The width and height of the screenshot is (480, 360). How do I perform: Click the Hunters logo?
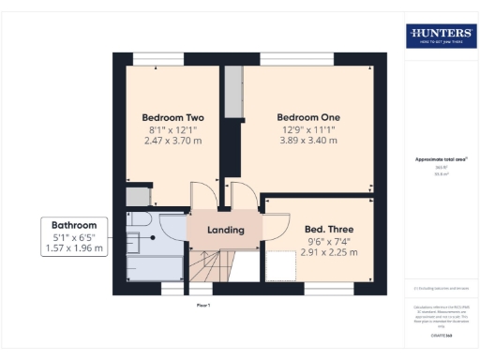pyautogui.click(x=441, y=37)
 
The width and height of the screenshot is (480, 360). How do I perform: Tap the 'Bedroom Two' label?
pyautogui.click(x=174, y=118)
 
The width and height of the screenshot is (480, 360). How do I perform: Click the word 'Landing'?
pyautogui.click(x=225, y=230)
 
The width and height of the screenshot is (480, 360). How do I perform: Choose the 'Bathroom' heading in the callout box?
pyautogui.click(x=74, y=226)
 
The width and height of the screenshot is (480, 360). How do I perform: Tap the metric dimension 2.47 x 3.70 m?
pyautogui.click(x=174, y=141)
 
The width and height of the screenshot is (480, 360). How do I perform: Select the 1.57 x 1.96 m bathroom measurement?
pyautogui.click(x=74, y=249)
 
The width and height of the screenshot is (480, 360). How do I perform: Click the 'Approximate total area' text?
pyautogui.click(x=441, y=160)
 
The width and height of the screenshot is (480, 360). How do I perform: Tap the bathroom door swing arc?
pyautogui.click(x=174, y=228)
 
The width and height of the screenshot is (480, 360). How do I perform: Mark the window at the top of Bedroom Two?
pyautogui.click(x=157, y=59)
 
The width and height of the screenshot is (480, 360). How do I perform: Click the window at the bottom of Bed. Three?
pyautogui.click(x=328, y=287)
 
